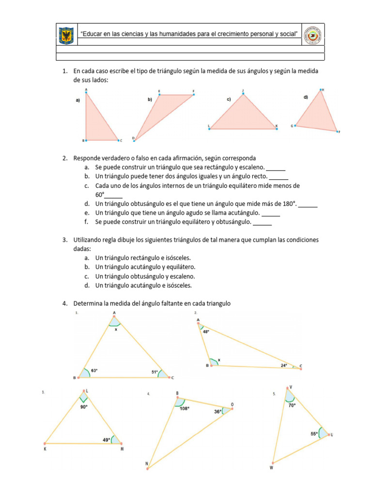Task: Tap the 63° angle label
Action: [x=94, y=371]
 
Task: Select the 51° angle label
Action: [x=155, y=372]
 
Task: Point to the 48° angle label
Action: [x=206, y=332]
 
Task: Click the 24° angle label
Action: [x=284, y=365]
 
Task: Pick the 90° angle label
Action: [x=84, y=407]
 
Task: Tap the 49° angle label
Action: [x=106, y=440]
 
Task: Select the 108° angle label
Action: [x=185, y=408]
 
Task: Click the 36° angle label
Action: [x=218, y=412]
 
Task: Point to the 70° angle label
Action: [x=292, y=405]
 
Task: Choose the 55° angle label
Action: [x=314, y=434]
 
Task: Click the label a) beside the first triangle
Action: [x=77, y=101]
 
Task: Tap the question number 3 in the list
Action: [x=64, y=240]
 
